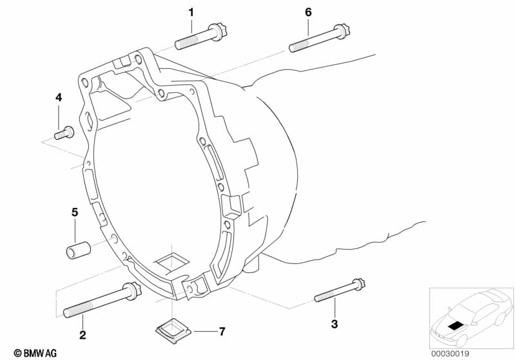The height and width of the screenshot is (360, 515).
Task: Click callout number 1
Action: tap(191, 13)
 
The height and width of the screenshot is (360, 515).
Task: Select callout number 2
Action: tap(83, 335)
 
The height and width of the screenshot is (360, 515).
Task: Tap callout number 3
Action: tap(335, 324)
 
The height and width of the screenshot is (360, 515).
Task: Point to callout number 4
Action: tap(59, 97)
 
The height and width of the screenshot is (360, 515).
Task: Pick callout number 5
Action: tap(75, 213)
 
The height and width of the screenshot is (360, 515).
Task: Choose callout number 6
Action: tap(308, 12)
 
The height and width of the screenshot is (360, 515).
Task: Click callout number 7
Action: tap(222, 332)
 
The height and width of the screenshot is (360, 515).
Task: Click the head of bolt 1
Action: tap(219, 32)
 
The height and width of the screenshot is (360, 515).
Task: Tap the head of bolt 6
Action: tap(342, 30)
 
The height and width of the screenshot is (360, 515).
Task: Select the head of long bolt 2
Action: tap(132, 290)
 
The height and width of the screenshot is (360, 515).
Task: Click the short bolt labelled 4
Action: tap(64, 133)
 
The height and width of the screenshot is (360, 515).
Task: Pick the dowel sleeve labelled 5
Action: tap(79, 250)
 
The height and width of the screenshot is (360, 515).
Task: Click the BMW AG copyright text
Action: tap(35, 353)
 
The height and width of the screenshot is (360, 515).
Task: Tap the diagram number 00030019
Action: tap(451, 354)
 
